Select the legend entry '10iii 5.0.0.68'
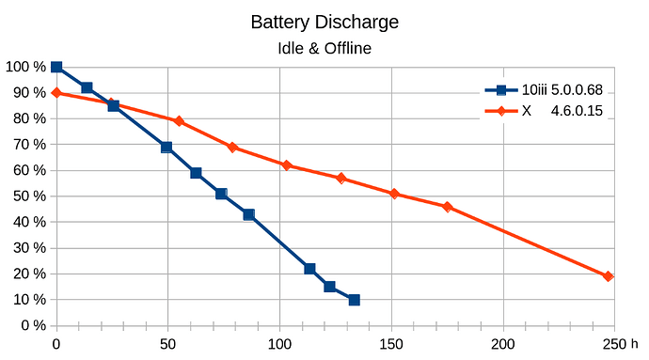(x=544, y=91)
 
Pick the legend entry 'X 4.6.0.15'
(x=544, y=111)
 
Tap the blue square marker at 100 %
(x=56, y=67)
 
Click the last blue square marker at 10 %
(x=354, y=300)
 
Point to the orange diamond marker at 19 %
(x=609, y=276)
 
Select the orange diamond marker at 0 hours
(x=56, y=93)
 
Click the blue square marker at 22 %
(x=309, y=269)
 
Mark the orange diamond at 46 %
(x=447, y=207)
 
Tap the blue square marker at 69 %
(x=166, y=147)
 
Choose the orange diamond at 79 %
(x=179, y=121)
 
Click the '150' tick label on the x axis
(x=391, y=344)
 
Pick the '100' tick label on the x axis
(x=279, y=344)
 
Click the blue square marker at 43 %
(x=248, y=214)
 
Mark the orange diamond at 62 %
(x=287, y=165)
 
